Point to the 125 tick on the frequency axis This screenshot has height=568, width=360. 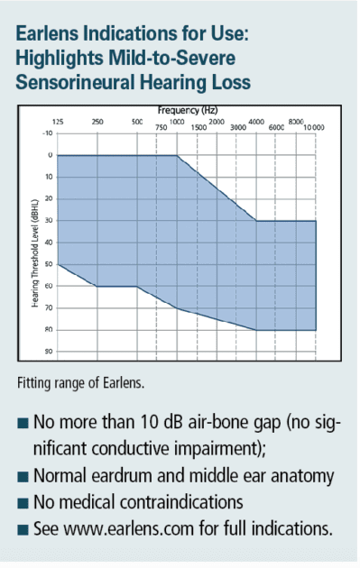pos(58,121)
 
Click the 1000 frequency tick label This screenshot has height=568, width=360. pos(177,121)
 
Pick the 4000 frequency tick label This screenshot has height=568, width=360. pos(256,121)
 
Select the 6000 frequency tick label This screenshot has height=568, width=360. pos(278,127)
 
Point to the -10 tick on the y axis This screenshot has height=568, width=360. pos(48,133)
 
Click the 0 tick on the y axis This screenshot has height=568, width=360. pos(51,155)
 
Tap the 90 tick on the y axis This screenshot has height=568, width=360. pos(49,352)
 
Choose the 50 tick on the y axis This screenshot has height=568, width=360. pos(49,264)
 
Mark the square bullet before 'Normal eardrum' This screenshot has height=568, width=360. pos(22,475)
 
